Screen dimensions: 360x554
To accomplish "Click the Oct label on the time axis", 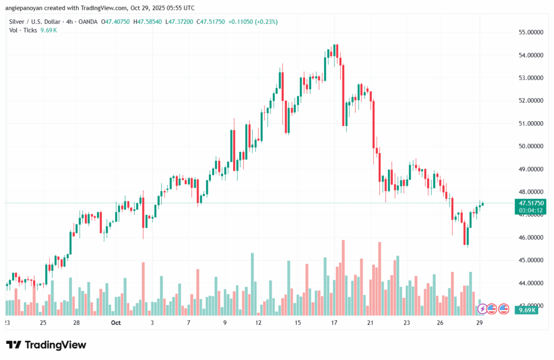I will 115,323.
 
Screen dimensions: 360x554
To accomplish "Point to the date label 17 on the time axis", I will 334,323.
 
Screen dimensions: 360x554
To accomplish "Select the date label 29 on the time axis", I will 479,323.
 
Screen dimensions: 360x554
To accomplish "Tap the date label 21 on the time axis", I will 370,323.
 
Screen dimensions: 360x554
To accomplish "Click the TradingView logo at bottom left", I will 46,345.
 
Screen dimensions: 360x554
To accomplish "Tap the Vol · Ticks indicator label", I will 23,30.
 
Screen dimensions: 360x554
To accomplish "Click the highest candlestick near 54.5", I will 336,51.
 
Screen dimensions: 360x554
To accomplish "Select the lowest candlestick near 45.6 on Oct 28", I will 466,236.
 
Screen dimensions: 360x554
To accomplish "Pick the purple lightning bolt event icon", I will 482,309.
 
